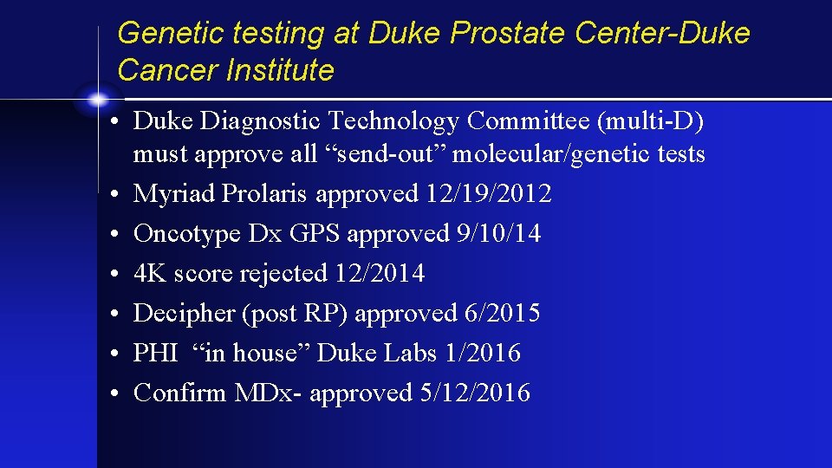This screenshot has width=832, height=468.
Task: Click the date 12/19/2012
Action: coord(489,193)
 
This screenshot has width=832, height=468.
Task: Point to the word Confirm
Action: coord(179,393)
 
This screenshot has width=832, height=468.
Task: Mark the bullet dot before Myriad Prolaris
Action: coord(114,193)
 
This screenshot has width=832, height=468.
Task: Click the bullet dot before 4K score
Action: coord(114,273)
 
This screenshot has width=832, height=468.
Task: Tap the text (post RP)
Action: coord(296,313)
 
